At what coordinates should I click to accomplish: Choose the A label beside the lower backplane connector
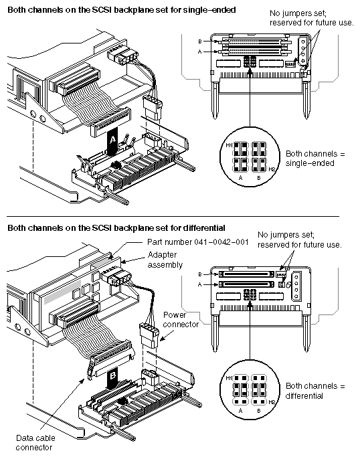[x=209, y=284]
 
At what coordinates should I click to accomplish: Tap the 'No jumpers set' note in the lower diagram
[x=299, y=240]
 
